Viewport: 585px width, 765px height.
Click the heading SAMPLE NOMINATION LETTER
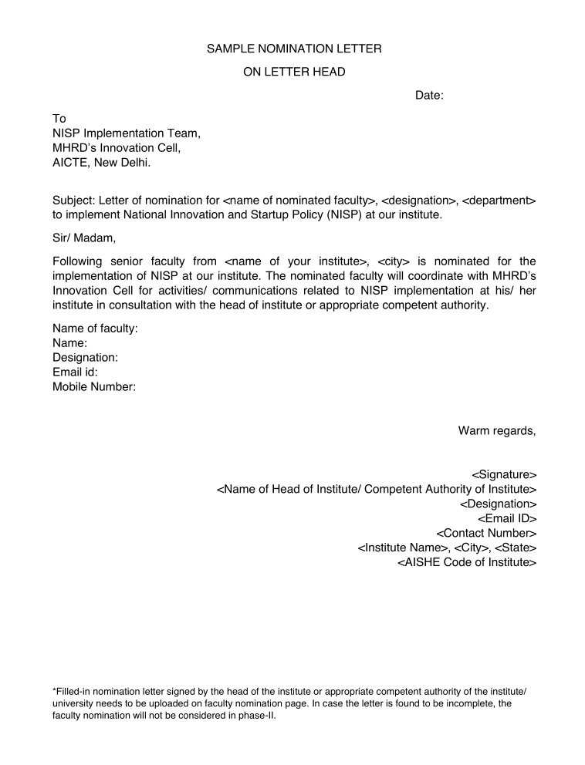tap(294, 49)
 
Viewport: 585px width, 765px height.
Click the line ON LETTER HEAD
tap(294, 72)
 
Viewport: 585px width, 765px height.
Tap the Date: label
tap(429, 96)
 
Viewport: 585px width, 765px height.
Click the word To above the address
tap(59, 119)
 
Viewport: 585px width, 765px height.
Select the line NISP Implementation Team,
tap(126, 133)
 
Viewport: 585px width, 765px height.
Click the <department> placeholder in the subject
tap(499, 201)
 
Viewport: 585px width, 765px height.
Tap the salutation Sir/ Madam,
tap(83, 238)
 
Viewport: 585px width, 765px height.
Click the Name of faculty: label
tap(95, 329)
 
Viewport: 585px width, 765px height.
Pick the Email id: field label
tap(75, 372)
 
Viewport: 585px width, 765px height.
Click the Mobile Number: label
tap(94, 387)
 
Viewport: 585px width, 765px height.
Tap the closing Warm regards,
tap(497, 430)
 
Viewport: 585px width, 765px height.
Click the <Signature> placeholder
tap(504, 474)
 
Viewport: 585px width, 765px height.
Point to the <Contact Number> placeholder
tap(486, 533)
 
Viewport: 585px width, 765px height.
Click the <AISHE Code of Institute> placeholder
tap(467, 562)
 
